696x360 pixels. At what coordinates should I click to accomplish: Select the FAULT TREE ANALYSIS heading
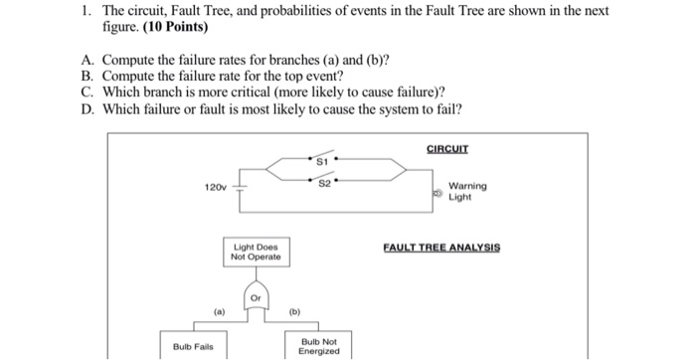(x=441, y=248)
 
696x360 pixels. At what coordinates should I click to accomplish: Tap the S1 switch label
(x=321, y=159)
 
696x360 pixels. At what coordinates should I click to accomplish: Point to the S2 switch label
(x=324, y=183)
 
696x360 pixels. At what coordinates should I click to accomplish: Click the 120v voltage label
(x=216, y=187)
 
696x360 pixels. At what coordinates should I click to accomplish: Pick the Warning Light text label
(x=467, y=191)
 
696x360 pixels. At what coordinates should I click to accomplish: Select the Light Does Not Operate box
(x=256, y=252)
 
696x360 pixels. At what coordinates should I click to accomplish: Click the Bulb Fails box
(x=192, y=346)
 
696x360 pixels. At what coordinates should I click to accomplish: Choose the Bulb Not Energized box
(x=318, y=345)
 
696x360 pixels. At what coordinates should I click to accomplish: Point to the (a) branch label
(x=220, y=310)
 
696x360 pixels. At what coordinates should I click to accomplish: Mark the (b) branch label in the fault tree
(x=294, y=310)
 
